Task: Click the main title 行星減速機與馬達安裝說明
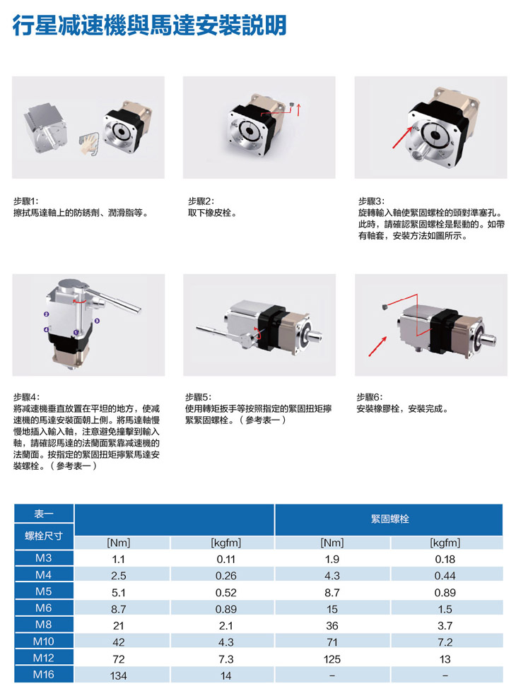[150, 25]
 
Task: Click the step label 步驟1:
[26, 201]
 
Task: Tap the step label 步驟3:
[371, 201]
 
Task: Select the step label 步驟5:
[199, 397]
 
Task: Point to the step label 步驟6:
[370, 397]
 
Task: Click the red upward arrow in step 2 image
[299, 110]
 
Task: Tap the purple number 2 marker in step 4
[47, 314]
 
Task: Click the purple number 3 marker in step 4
[97, 321]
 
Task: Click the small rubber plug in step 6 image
[385, 306]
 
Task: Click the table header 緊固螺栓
[389, 519]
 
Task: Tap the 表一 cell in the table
[44, 514]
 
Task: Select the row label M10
[44, 642]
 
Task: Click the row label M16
[44, 674]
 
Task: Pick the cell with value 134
[118, 675]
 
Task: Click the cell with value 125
[332, 658]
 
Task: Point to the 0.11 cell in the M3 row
[225, 559]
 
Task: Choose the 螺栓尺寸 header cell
[44, 536]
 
